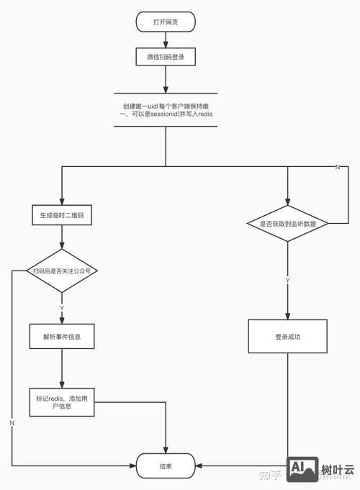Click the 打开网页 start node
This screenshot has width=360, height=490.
coord(166,22)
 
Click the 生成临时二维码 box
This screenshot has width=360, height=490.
coord(62,215)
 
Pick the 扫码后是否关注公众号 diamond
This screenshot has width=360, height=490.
coord(62,271)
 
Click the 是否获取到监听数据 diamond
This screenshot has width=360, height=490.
coord(287,224)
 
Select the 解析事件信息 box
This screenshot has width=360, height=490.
coord(62,336)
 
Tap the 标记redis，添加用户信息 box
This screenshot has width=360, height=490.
coord(62,402)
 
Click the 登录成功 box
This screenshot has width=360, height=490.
coord(287,336)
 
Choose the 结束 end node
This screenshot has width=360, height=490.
coord(166,466)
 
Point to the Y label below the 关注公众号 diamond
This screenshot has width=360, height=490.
coord(62,307)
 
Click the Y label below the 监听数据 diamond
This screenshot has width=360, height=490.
coord(287,279)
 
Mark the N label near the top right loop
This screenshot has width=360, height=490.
coord(338,167)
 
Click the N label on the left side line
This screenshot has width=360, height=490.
coord(12,422)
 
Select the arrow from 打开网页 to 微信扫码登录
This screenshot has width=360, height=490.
coord(166,40)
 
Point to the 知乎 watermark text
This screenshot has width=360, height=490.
coord(270,473)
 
